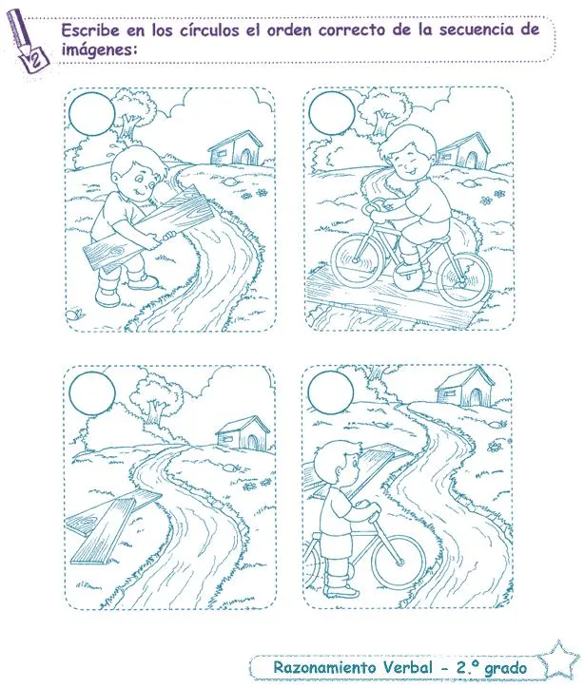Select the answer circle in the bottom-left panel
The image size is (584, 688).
pyautogui.click(x=92, y=392)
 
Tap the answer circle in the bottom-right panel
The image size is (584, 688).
pyautogui.click(x=328, y=391)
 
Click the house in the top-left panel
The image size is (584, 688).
pyautogui.click(x=235, y=148)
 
